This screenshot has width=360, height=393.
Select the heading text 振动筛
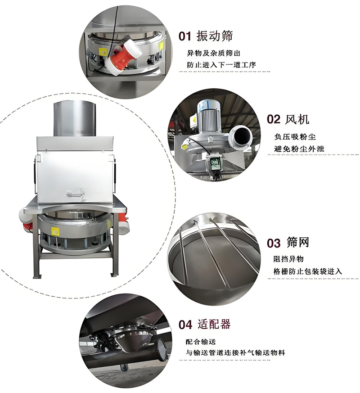[216, 36]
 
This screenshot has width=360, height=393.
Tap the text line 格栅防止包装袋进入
[308, 271]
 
